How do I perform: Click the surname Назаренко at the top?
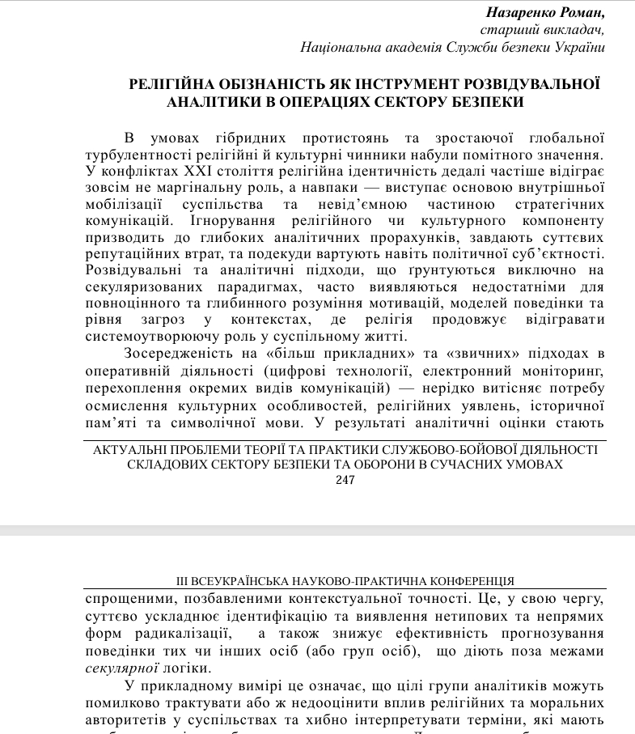pos(519,13)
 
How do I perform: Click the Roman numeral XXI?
pos(202,171)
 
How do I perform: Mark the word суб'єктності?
pos(563,254)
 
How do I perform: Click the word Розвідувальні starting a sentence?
pos(129,271)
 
